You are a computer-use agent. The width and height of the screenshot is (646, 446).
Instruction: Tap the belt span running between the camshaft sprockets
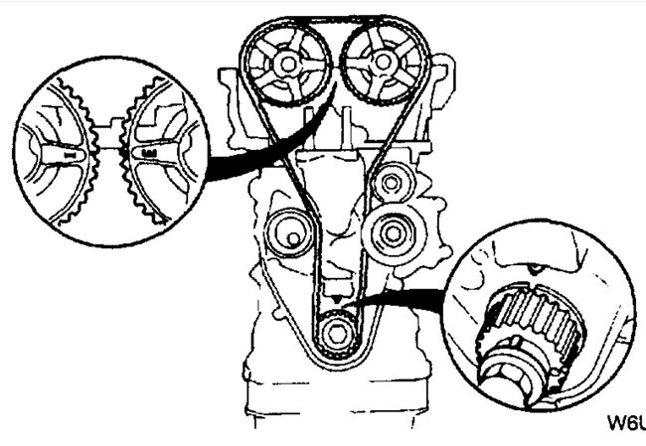coord(333,19)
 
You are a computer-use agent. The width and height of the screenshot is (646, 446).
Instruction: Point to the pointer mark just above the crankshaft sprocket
coord(338,299)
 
